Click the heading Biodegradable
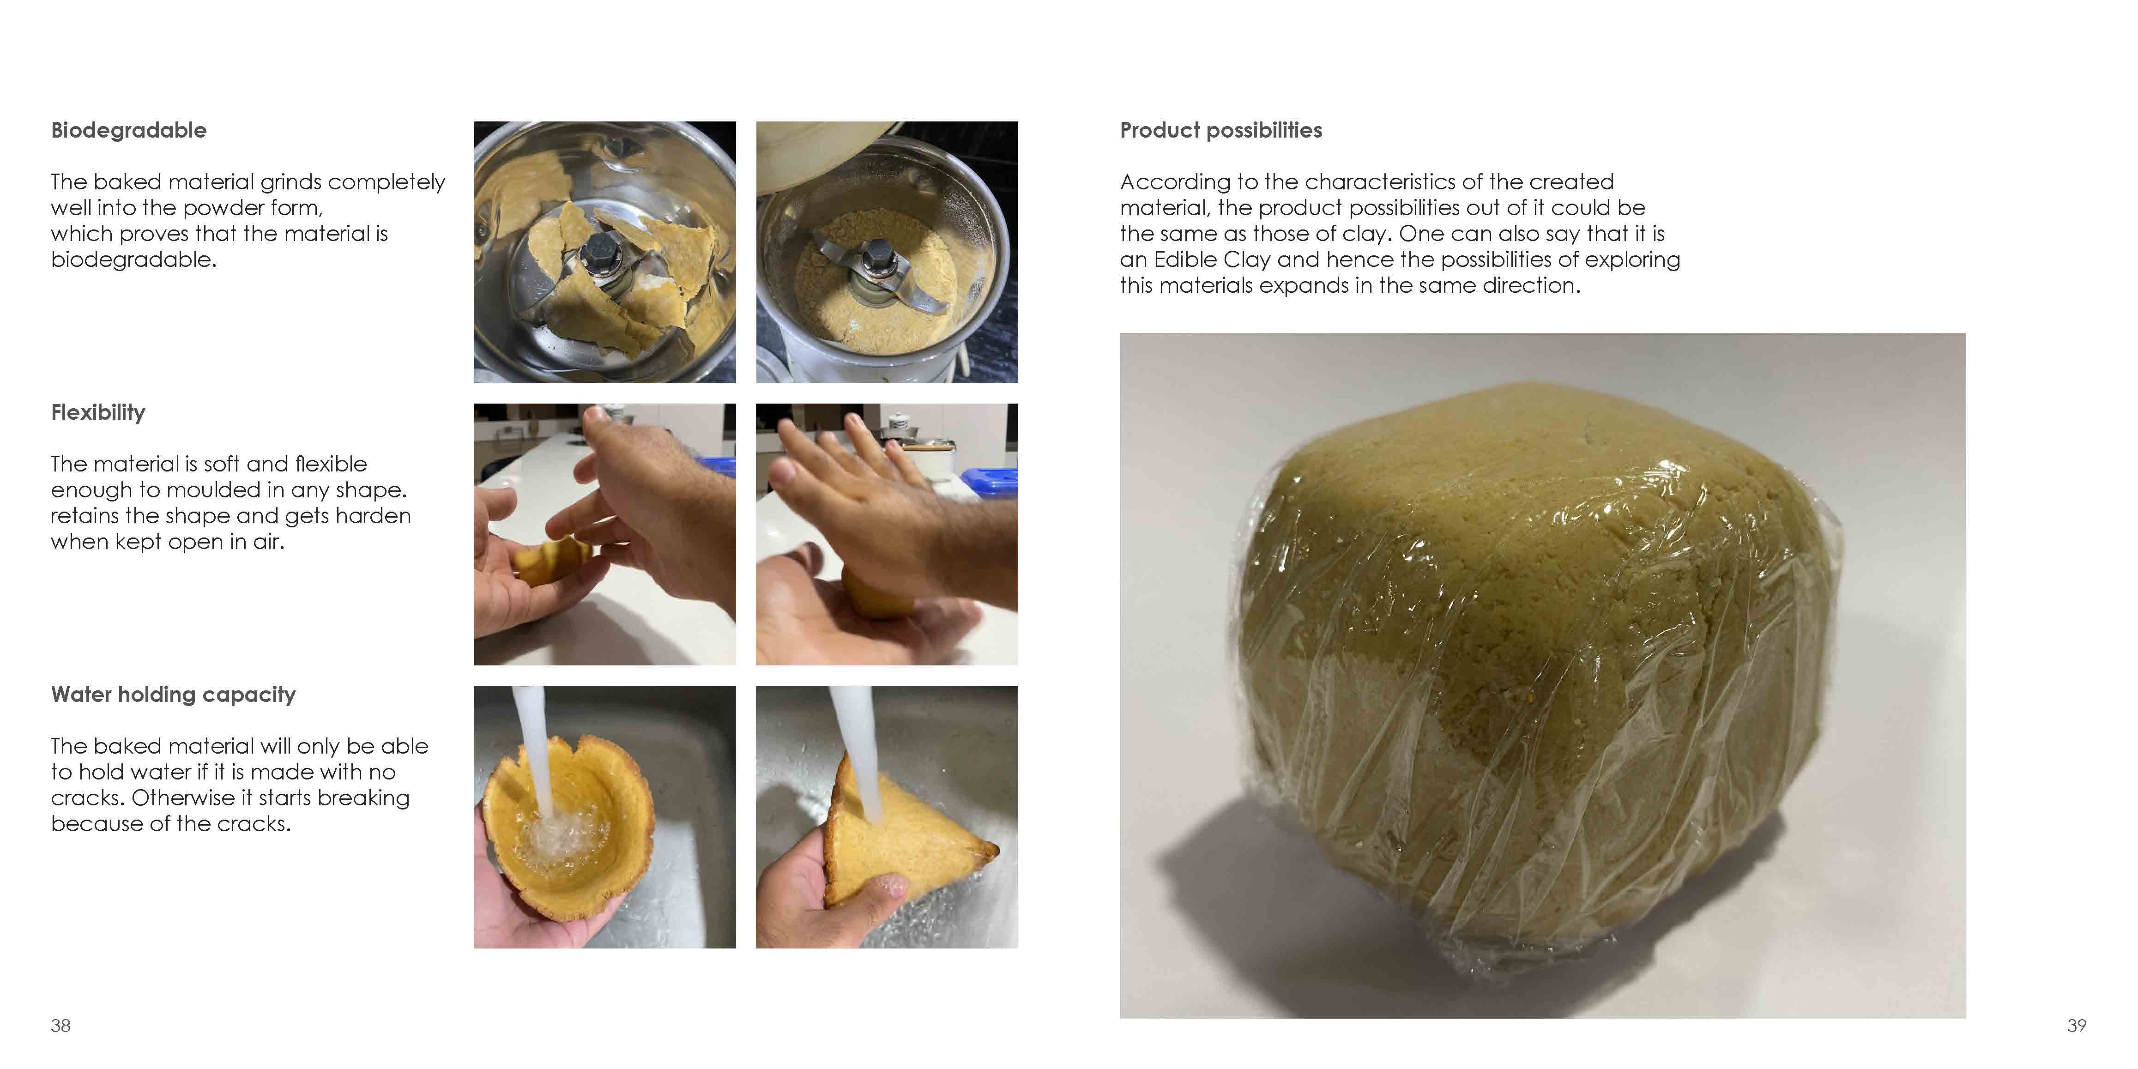pyautogui.click(x=129, y=130)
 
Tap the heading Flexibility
pyautogui.click(x=98, y=412)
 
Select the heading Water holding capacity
pyautogui.click(x=174, y=695)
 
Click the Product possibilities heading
pyautogui.click(x=1221, y=130)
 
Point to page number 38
pyautogui.click(x=60, y=1026)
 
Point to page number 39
pyautogui.click(x=2077, y=1026)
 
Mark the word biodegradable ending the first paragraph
pyautogui.click(x=133, y=260)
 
